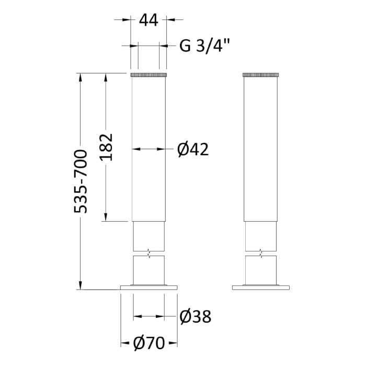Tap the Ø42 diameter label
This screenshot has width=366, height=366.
pos(193,150)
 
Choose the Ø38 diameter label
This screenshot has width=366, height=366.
pos(195,316)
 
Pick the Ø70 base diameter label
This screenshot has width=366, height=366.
pos(149,343)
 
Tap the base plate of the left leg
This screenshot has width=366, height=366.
pos(149,287)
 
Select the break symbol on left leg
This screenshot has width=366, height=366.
pos(150,253)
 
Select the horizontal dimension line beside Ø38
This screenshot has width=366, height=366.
pos(149,316)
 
